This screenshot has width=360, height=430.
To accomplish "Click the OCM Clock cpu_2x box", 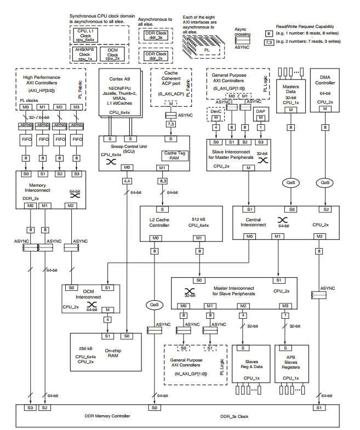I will tap(113, 55).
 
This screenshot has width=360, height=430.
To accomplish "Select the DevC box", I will tap(216, 113).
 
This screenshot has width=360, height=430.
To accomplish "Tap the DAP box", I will tap(261, 113).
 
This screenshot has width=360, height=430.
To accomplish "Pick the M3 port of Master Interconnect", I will tap(284, 305).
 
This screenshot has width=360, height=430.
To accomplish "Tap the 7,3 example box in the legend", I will tap(269, 42).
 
